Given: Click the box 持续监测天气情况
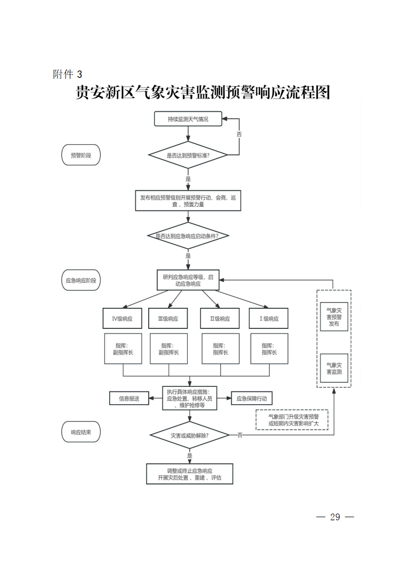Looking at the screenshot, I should [x=188, y=119].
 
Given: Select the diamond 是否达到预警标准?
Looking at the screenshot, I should [x=188, y=154].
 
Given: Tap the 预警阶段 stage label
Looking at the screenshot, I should [x=81, y=155].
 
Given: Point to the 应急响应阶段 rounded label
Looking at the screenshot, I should [x=81, y=280].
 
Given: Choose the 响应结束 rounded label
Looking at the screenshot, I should [x=81, y=432].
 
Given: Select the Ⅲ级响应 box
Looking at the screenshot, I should [x=168, y=319].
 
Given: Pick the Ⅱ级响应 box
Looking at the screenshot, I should [x=220, y=319].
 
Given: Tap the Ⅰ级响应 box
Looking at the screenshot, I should [x=269, y=319].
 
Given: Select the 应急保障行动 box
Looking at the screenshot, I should [x=251, y=398].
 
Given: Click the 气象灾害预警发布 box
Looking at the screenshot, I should [x=334, y=317].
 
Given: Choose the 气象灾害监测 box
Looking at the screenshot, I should [x=334, y=368].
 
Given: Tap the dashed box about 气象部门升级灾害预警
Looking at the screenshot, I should [x=292, y=420].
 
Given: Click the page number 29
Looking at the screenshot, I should [x=335, y=517].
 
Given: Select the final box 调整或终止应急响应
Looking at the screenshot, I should [x=189, y=474].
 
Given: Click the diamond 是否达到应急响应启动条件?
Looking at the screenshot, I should [x=188, y=236].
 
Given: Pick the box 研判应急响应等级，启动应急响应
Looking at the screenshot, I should [x=188, y=280].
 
